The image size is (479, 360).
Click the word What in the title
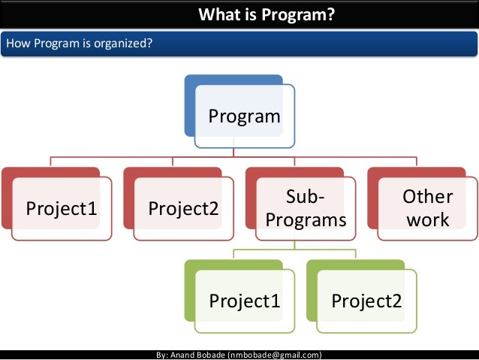click(217, 14)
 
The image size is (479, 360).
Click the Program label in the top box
click(244, 116)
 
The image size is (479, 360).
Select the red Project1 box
click(62, 209)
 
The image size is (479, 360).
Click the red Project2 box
click(183, 209)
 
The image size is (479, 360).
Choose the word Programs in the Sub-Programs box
click(306, 220)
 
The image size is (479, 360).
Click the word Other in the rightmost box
click(427, 197)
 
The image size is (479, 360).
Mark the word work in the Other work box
click(427, 219)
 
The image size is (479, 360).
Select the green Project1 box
click(244, 301)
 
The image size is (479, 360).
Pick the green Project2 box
click(366, 301)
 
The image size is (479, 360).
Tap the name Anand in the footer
click(185, 354)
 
